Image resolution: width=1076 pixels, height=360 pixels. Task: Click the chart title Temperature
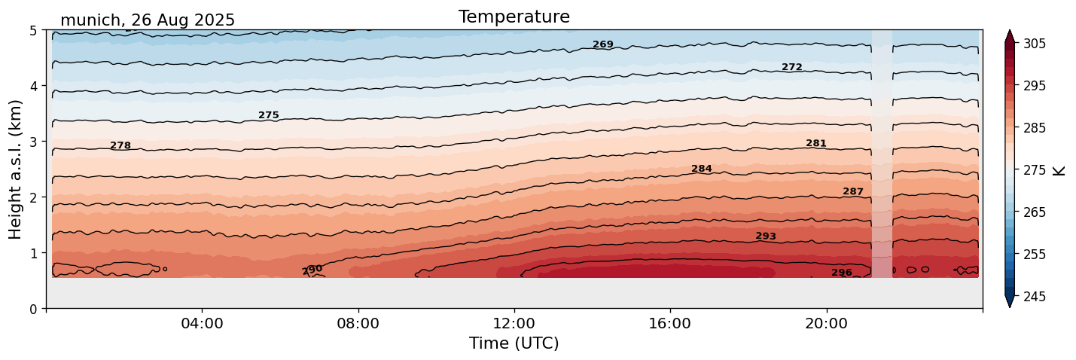tap(514, 17)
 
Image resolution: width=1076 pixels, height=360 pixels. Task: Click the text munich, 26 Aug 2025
tap(148, 20)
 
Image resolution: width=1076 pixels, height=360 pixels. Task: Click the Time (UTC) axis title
tap(514, 343)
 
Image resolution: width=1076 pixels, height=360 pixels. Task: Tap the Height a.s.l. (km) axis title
tap(16, 169)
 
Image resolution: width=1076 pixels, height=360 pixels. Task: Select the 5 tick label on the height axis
tap(33, 31)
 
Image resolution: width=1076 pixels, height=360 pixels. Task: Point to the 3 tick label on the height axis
tap(33, 142)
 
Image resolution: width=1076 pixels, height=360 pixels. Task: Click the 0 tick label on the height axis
tap(33, 309)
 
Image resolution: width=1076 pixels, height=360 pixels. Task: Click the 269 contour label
tap(603, 44)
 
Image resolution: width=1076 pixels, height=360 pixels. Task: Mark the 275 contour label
tap(269, 115)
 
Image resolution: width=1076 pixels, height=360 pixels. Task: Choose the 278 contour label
tap(120, 145)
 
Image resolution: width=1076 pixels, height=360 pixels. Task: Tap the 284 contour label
tap(702, 169)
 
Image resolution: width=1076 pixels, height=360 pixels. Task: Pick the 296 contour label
tap(842, 273)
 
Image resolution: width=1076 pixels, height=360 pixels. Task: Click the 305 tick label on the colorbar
tap(1034, 44)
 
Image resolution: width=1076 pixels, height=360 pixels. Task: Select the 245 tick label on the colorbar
tap(1034, 297)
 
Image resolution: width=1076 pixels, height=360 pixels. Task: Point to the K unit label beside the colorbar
tap(1059, 170)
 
